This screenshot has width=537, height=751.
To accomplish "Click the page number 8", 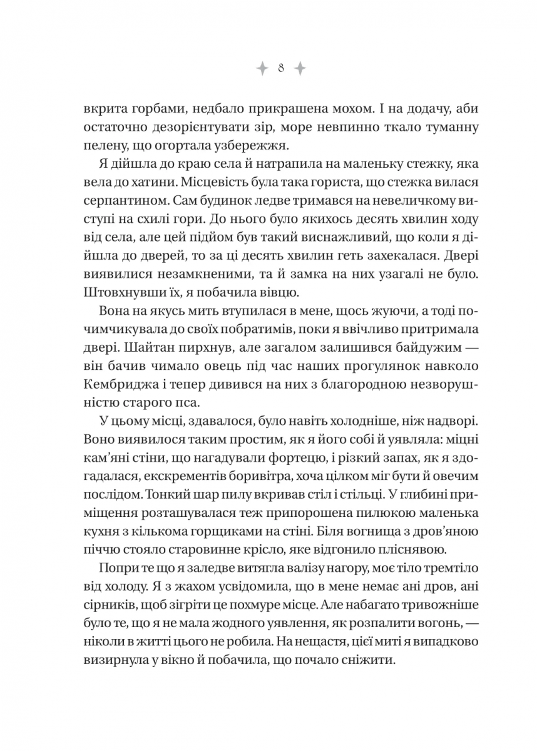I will pyautogui.click(x=280, y=68).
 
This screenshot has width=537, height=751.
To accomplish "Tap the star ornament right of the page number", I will pyautogui.click(x=300, y=68).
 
